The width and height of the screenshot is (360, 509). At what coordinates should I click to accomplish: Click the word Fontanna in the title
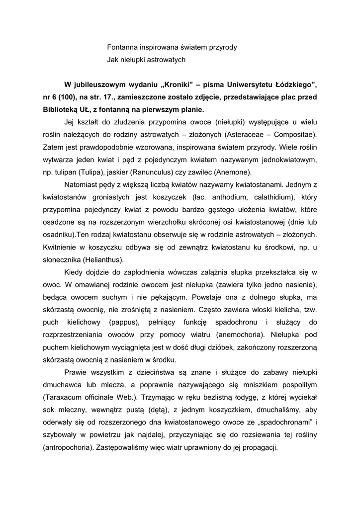[x=123, y=47]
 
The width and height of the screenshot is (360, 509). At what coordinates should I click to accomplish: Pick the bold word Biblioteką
[x=61, y=110]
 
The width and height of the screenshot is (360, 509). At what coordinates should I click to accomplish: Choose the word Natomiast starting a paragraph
[x=82, y=185]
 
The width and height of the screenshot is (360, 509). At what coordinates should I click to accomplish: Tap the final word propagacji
[x=257, y=447]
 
